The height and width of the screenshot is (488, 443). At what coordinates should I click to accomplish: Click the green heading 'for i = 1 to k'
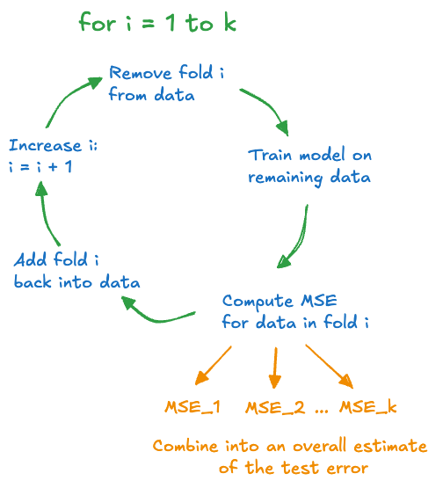(x=157, y=22)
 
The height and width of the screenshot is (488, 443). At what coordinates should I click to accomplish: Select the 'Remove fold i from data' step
(x=166, y=83)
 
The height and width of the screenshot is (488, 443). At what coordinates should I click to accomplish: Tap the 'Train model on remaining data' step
(x=309, y=166)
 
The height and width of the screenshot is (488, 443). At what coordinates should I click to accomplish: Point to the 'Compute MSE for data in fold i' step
(x=295, y=311)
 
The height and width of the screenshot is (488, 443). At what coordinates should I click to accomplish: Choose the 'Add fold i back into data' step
(x=76, y=271)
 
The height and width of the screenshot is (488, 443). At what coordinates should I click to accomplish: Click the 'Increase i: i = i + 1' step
(x=53, y=156)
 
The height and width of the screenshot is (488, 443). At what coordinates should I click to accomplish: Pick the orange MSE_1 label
(x=192, y=407)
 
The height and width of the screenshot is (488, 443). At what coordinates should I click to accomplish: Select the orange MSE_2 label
(x=275, y=407)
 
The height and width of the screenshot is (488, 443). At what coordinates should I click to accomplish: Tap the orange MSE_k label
(x=368, y=407)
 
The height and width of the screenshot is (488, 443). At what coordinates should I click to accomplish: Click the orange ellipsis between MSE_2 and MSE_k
(x=322, y=411)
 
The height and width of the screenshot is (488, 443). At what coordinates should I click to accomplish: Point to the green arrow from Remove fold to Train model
(x=270, y=106)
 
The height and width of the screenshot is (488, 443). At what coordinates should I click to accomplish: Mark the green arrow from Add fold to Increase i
(x=45, y=215)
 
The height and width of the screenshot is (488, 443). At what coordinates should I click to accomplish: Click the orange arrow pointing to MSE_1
(x=214, y=366)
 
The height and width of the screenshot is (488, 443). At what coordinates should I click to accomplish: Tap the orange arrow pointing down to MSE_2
(x=275, y=368)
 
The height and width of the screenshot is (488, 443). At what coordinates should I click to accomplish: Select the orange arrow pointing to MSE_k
(x=329, y=366)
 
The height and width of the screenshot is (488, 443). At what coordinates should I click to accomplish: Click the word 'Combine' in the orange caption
(x=185, y=446)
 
